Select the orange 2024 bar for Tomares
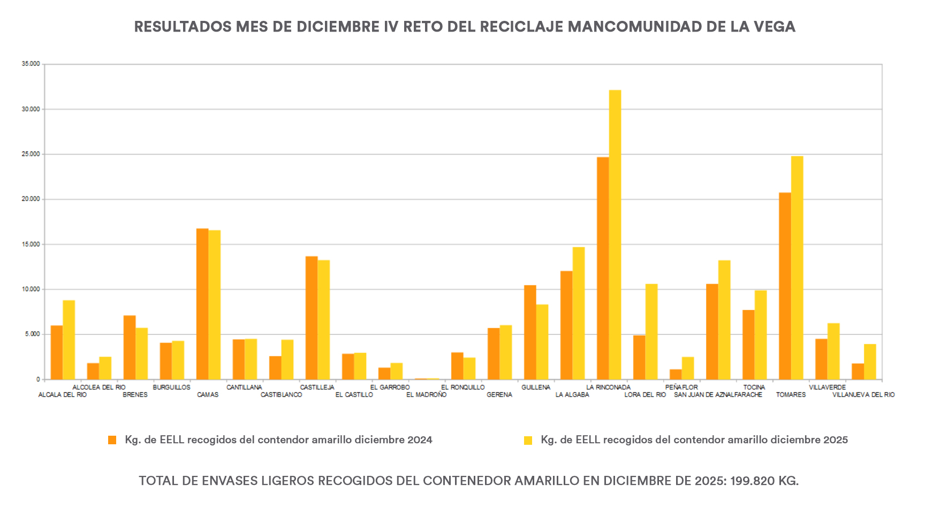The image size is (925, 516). click(785, 286)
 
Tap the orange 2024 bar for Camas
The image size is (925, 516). click(202, 304)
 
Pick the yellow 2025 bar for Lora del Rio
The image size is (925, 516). click(651, 331)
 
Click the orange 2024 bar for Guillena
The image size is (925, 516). click(530, 332)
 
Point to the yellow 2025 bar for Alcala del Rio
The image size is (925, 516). click(69, 340)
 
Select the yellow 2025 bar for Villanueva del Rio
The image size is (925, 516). click(870, 362)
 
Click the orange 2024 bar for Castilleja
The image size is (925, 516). click(312, 318)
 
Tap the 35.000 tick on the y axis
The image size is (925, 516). click(31, 64)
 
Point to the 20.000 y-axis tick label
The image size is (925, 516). click(31, 199)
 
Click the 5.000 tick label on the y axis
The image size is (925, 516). click(32, 334)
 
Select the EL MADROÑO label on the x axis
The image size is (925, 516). click(426, 395)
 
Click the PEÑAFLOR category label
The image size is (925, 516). click(681, 387)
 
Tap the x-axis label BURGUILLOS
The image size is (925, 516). click(171, 387)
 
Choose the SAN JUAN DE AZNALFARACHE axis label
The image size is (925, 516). click(718, 395)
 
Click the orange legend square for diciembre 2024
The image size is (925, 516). click(112, 440)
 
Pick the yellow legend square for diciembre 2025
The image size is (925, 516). click(528, 440)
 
